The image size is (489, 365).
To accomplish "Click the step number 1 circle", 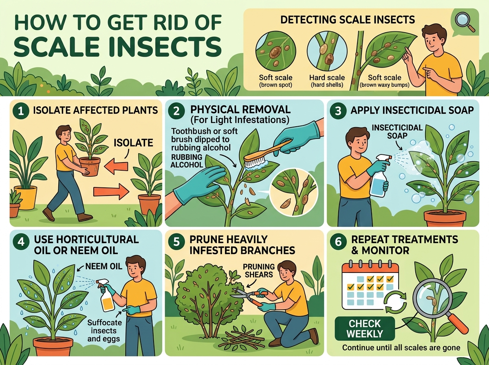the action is point(21,111).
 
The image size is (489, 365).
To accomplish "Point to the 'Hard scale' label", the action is point(327,77).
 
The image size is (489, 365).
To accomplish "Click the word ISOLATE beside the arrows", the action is point(133,143).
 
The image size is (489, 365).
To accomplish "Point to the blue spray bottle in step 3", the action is point(380,176).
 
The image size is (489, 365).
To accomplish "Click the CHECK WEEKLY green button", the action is point(365,329).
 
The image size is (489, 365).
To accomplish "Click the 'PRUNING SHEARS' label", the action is point(259,270).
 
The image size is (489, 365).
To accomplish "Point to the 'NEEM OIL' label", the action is point(104,266).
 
